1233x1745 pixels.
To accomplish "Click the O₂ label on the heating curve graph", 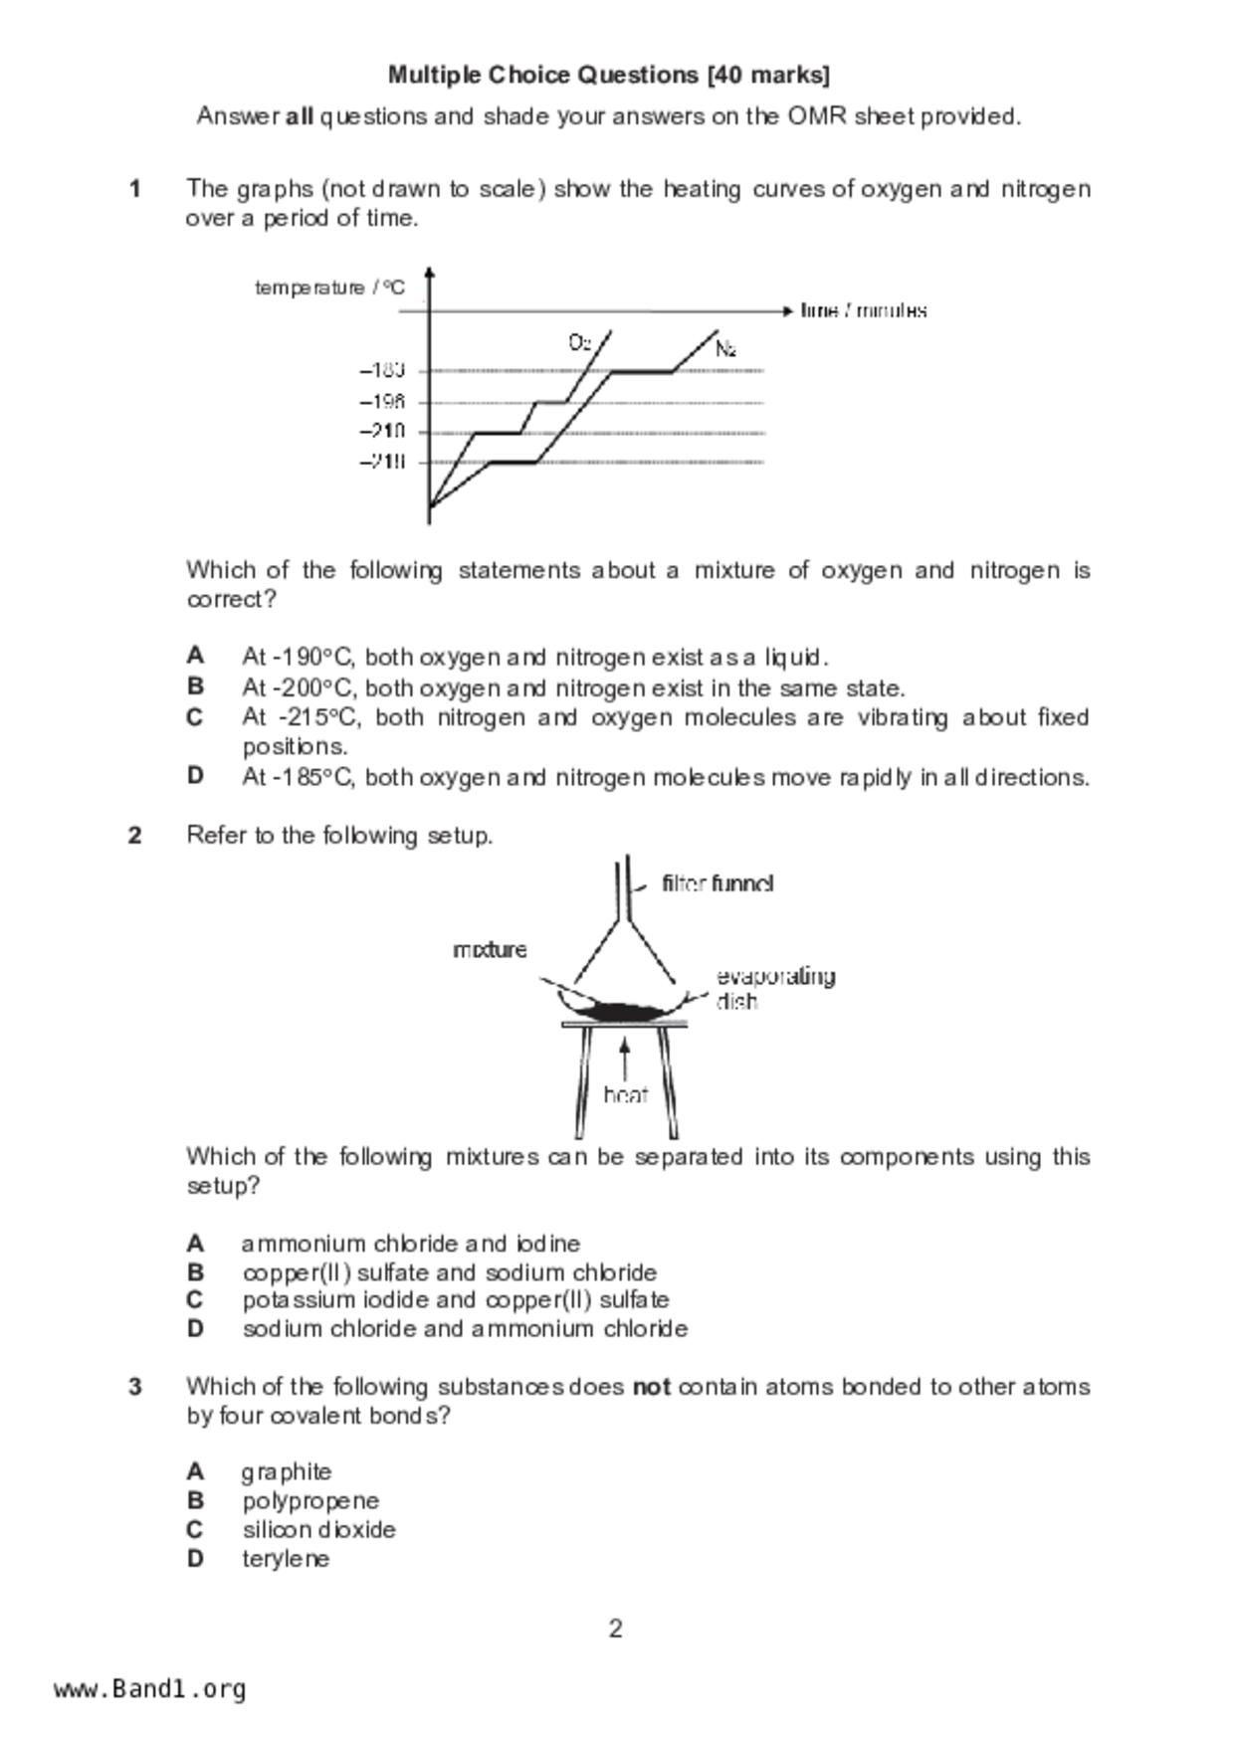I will coord(580,343).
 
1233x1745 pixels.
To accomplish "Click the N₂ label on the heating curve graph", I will coord(725,349).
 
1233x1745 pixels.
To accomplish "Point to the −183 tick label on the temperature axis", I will coord(382,371).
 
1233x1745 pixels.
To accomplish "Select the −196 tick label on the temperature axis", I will coord(382,402).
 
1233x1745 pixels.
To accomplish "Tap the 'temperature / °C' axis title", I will coord(329,289).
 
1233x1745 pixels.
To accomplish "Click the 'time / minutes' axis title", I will coord(864,310).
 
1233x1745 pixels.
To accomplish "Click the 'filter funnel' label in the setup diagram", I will coord(718,883).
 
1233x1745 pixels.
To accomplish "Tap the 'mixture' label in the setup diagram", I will coord(490,950).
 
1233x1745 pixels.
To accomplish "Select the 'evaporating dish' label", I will coord(774,988).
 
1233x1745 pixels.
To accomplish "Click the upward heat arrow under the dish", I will coord(624,1058).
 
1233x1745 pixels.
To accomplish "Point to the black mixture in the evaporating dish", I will coord(619,1012).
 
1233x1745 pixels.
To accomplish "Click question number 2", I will coord(135,836).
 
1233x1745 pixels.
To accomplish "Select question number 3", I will coord(135,1387).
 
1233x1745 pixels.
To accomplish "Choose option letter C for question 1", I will coord(195,717).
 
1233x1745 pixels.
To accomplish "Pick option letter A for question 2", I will coord(195,1244).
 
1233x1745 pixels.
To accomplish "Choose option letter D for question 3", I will coord(195,1559).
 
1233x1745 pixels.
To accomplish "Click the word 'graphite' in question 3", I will coord(287,1472).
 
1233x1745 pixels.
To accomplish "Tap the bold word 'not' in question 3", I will coord(651,1387).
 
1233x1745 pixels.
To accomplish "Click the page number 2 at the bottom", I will coord(616,1629).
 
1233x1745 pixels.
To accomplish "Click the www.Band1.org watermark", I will coord(149,1689).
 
